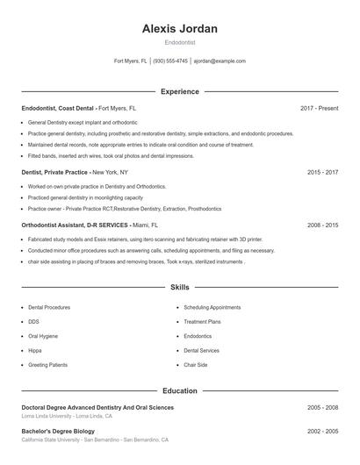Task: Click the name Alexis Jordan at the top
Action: [x=179, y=29]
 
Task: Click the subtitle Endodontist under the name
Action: [x=179, y=42]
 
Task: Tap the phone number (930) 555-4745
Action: [x=171, y=61]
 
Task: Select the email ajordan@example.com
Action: [x=220, y=61]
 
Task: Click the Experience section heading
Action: [x=179, y=91]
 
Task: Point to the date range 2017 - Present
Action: [x=319, y=108]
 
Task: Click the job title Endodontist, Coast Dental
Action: [x=58, y=108]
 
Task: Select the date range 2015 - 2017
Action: [x=322, y=173]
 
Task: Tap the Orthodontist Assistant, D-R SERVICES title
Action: [x=75, y=225]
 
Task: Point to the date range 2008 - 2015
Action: [x=322, y=225]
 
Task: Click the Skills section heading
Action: [x=179, y=287]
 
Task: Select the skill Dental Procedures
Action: [x=49, y=308]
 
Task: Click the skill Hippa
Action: [x=35, y=350]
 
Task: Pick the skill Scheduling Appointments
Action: [x=212, y=308]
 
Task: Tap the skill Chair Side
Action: [x=195, y=364]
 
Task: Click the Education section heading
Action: [x=179, y=390]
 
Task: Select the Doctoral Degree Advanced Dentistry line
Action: [x=97, y=407]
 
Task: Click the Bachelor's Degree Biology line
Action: [x=58, y=432]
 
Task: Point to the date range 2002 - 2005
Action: [x=322, y=432]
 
